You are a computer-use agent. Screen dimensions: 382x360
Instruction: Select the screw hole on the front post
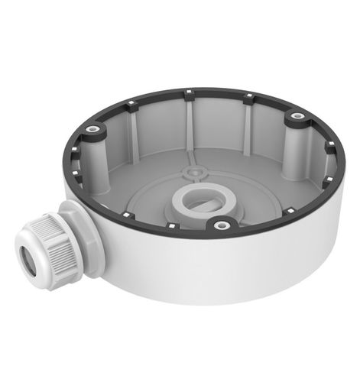pos(222,225)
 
